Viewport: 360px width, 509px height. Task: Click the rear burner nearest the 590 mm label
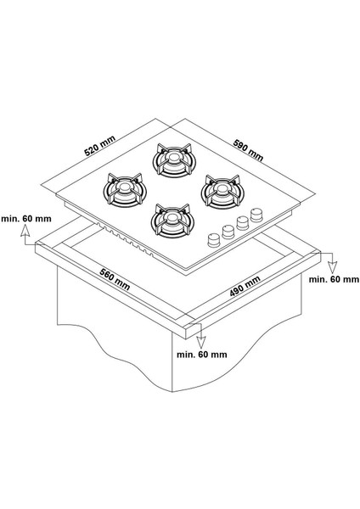(x=172, y=159)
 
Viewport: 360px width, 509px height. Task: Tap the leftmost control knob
(x=213, y=239)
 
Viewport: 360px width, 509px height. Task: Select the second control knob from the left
(x=228, y=232)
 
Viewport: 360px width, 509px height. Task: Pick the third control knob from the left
(x=242, y=226)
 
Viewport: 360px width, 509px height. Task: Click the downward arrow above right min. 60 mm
(x=330, y=260)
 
